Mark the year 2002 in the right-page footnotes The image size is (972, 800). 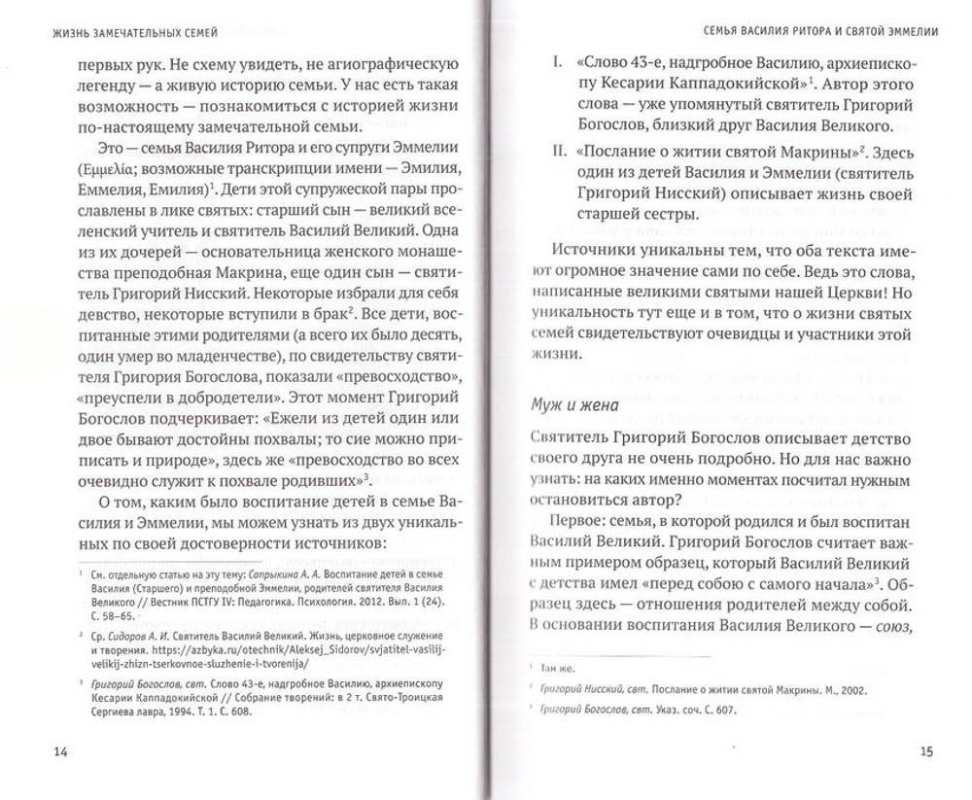[853, 689]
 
